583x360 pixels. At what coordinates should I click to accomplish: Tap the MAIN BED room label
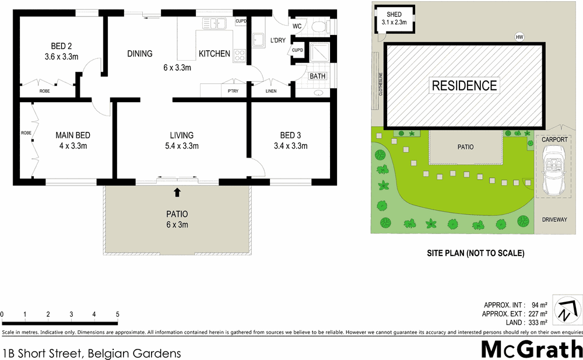click(73, 135)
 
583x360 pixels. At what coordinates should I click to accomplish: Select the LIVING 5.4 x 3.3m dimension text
click(181, 146)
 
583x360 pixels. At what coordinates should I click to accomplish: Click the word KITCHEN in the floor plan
click(215, 54)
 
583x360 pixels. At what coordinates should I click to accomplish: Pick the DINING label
click(139, 54)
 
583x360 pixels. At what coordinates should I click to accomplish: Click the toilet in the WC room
click(319, 26)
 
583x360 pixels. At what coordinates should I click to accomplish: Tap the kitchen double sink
click(214, 23)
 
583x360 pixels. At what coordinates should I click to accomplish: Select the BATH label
click(318, 76)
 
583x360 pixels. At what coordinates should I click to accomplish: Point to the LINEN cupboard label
click(271, 91)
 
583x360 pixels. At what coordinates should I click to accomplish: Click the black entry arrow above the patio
click(177, 191)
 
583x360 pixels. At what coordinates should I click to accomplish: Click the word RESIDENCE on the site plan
click(465, 86)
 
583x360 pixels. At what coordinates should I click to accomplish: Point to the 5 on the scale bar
click(118, 314)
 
